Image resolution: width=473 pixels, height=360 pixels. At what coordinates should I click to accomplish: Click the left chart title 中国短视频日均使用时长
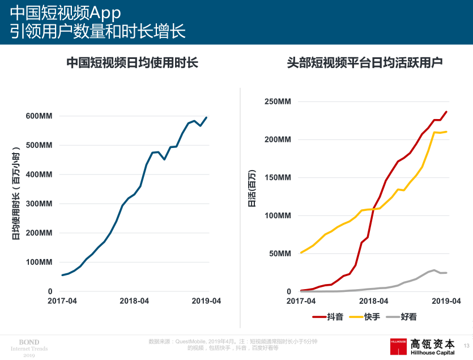pyautogui.click(x=133, y=63)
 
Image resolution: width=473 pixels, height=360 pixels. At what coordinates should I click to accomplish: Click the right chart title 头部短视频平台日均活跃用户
pyautogui.click(x=364, y=63)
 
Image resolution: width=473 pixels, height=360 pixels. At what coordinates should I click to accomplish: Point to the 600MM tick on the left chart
pyautogui.click(x=39, y=116)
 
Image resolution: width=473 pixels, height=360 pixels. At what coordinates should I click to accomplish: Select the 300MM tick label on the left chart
pyautogui.click(x=39, y=204)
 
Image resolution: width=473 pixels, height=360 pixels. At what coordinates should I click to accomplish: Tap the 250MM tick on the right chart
pyautogui.click(x=278, y=101)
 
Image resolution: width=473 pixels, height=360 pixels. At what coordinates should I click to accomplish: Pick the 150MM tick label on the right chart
pyautogui.click(x=278, y=177)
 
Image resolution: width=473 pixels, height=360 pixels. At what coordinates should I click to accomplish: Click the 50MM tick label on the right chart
pyautogui.click(x=279, y=253)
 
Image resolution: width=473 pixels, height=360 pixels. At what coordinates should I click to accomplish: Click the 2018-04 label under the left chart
pyautogui.click(x=134, y=301)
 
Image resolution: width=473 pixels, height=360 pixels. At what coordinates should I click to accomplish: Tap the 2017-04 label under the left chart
pyautogui.click(x=62, y=301)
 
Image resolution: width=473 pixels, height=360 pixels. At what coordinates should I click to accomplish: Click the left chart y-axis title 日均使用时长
pyautogui.click(x=16, y=193)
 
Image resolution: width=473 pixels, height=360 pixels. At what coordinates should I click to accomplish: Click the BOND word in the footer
pyautogui.click(x=29, y=342)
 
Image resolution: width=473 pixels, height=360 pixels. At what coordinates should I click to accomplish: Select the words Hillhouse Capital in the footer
pyautogui.click(x=433, y=353)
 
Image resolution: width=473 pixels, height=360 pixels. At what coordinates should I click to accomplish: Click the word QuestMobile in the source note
pyautogui.click(x=190, y=341)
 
